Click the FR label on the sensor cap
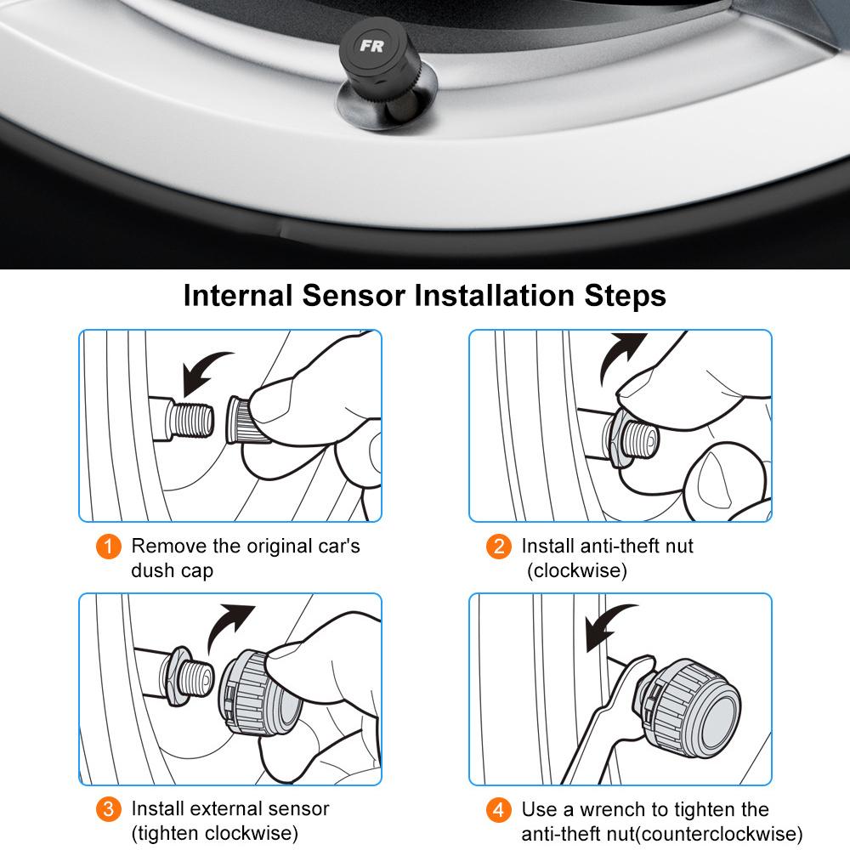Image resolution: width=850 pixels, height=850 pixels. pos(371,46)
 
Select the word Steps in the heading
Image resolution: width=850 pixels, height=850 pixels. pos(625,296)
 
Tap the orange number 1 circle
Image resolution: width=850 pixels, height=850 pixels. pos(108,546)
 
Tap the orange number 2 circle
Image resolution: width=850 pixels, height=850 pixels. pos(499,546)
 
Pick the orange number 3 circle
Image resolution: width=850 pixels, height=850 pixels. pos(108,808)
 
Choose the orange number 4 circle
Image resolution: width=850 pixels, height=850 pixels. pos(499,808)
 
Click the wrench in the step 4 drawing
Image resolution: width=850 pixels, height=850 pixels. pos(612,722)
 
